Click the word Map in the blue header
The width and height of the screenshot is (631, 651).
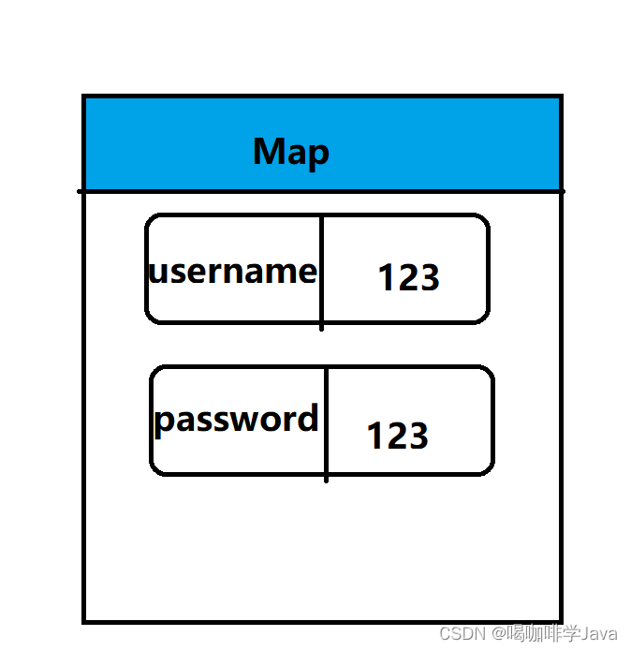[290, 152]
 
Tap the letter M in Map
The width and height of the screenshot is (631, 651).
[269, 151]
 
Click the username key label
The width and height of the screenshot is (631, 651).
[233, 271]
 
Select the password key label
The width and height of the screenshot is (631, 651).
[236, 419]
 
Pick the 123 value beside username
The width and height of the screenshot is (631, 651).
[408, 277]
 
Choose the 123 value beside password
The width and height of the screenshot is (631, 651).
[397, 436]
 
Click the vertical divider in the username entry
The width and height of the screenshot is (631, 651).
[322, 272]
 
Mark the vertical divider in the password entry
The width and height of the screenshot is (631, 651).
[327, 423]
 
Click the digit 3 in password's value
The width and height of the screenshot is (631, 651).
[418, 436]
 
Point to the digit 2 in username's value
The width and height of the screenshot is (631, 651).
[408, 277]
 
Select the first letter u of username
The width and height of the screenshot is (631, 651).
[157, 273]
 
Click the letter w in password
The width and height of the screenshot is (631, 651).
[245, 420]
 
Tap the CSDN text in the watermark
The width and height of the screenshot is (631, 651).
[459, 634]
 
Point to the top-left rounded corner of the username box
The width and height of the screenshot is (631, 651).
[152, 221]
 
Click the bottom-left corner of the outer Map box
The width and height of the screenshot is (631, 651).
[85, 620]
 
